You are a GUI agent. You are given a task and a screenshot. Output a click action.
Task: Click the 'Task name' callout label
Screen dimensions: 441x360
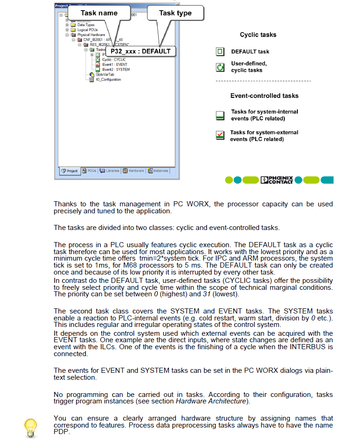pos(99,13)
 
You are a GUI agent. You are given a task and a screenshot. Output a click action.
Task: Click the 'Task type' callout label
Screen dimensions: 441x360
pos(175,13)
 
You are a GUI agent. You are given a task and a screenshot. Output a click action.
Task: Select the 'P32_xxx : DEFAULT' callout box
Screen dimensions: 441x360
pos(141,51)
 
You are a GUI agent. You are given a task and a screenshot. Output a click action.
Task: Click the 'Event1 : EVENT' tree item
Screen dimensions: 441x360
pos(115,64)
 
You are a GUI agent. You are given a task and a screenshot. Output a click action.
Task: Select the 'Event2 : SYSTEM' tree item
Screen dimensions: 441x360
pos(116,70)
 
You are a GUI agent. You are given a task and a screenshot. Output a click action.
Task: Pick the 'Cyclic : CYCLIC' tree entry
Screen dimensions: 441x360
pos(114,60)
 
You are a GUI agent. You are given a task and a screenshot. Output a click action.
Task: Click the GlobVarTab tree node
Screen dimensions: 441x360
pos(105,74)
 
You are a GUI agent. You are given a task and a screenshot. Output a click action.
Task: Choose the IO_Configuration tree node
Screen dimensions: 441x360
pos(108,79)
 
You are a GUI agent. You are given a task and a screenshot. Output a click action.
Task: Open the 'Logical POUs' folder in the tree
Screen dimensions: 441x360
pos(85,30)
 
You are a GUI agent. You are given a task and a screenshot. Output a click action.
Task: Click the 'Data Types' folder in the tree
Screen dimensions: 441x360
pos(85,25)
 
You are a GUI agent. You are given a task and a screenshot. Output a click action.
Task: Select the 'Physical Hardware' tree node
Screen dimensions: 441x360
pos(90,35)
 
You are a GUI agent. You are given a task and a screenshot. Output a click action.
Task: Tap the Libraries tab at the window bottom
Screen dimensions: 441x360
pos(109,171)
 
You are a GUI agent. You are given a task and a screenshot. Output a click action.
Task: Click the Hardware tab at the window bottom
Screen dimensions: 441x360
pos(134,171)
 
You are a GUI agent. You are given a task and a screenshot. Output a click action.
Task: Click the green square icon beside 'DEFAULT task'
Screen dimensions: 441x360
pos(220,51)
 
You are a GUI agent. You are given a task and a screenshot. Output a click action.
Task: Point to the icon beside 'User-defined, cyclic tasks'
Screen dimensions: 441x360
pos(220,67)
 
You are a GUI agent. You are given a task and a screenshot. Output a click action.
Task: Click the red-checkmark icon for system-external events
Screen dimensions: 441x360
pos(220,135)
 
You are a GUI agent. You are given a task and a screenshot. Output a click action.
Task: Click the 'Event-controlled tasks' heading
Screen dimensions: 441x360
pos(264,96)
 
